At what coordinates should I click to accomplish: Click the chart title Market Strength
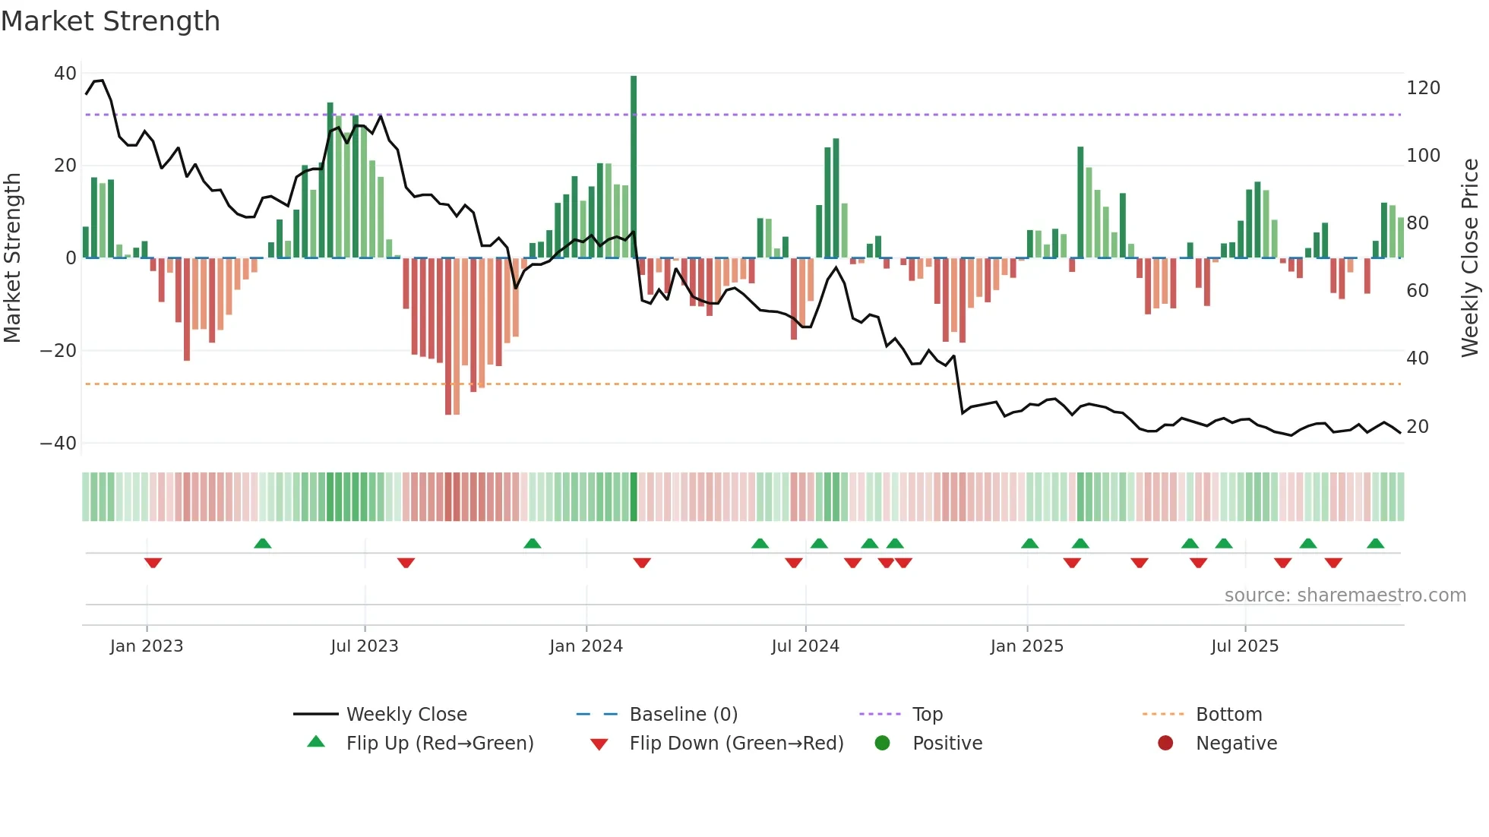[110, 21]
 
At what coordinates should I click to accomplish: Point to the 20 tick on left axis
[65, 166]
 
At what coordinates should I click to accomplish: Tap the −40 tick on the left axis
[58, 443]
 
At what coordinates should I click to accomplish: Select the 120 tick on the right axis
[1423, 88]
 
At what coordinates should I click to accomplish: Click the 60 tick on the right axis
[1418, 291]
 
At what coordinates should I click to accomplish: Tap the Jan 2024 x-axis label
[586, 646]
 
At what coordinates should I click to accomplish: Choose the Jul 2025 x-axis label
[1244, 646]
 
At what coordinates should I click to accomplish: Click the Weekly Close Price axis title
[1470, 257]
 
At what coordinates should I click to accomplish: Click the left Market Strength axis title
[12, 257]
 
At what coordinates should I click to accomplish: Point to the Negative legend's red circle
[1165, 744]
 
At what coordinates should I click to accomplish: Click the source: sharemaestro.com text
[1345, 595]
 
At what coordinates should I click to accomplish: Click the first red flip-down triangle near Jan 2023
[153, 563]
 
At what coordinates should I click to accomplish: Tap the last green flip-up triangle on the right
[1375, 544]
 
